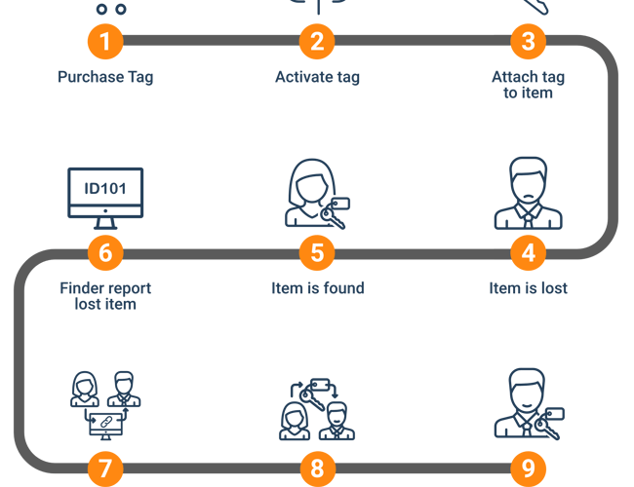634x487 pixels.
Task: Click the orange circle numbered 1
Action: [105, 41]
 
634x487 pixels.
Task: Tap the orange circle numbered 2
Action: [317, 41]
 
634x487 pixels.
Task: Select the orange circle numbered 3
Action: [528, 41]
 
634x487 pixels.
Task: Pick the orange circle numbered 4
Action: [528, 253]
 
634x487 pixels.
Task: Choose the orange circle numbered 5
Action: [317, 253]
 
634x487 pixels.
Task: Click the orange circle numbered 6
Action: [105, 253]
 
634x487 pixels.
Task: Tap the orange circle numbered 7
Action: [105, 468]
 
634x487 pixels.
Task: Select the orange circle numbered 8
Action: [317, 468]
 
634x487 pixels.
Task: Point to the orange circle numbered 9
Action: [528, 468]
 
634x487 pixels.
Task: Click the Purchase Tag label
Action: [105, 77]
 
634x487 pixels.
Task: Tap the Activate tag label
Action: [317, 77]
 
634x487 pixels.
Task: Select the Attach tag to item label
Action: [528, 85]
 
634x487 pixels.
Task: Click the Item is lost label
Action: [528, 288]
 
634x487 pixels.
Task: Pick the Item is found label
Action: [317, 288]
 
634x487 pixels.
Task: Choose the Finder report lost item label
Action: [105, 296]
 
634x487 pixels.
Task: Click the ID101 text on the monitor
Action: [105, 186]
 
